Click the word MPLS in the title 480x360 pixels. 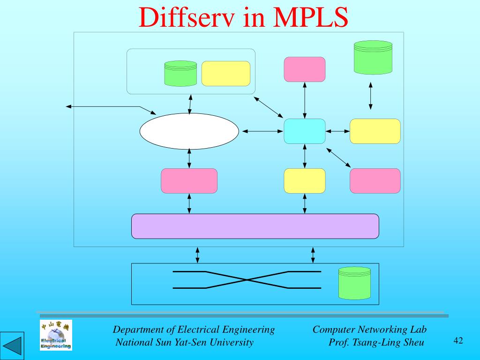[311, 17]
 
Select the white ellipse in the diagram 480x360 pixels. [189, 131]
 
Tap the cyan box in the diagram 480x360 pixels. [305, 131]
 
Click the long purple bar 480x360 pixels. [255, 226]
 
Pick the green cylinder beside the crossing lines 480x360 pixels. [354, 283]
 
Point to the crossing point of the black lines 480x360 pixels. [247, 280]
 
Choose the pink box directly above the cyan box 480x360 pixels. [305, 69]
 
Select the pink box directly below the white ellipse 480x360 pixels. [189, 181]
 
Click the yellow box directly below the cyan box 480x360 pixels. [305, 181]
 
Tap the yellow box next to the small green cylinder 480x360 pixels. [226, 74]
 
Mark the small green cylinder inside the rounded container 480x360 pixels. [180, 74]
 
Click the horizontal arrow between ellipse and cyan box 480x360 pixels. [261, 131]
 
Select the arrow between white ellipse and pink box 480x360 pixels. [189, 159]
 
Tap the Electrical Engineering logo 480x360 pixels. [56, 335]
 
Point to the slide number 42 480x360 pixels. [458, 340]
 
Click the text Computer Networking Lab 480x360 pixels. [369, 330]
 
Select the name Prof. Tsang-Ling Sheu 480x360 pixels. [376, 343]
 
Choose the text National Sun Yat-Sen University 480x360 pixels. [185, 342]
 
